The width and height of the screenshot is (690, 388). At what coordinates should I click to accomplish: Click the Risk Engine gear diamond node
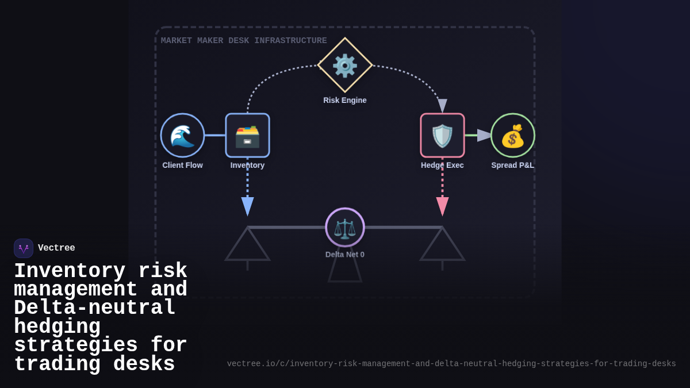(x=345, y=65)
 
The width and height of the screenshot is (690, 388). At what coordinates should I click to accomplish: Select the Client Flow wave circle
(x=182, y=135)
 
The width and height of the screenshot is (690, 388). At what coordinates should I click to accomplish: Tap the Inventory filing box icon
(x=247, y=136)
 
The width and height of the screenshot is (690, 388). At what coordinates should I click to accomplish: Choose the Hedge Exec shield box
(x=442, y=136)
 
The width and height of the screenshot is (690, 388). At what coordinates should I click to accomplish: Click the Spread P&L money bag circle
(x=513, y=136)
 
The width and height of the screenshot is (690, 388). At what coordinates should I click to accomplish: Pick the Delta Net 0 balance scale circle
(x=345, y=228)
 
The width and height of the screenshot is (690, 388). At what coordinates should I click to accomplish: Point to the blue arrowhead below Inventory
(x=247, y=206)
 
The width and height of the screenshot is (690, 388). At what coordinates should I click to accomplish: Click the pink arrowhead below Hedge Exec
(x=442, y=206)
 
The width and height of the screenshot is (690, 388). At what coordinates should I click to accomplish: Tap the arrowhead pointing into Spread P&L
(x=484, y=136)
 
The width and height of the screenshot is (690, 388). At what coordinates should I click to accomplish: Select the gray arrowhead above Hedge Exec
(x=442, y=106)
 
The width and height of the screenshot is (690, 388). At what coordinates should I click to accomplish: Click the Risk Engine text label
(x=345, y=100)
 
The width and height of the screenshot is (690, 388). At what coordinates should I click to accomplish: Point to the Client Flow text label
(x=182, y=165)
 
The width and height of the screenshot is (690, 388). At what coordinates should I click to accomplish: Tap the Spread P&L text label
(x=513, y=165)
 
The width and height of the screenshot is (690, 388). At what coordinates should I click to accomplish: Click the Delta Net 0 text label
(x=345, y=255)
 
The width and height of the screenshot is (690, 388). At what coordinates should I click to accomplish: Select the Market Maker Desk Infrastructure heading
(x=244, y=41)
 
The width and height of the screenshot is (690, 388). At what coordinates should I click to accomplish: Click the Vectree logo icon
(x=24, y=248)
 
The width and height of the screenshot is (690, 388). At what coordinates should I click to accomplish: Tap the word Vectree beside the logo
(x=56, y=248)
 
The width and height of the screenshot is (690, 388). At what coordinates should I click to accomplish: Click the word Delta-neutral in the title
(x=95, y=308)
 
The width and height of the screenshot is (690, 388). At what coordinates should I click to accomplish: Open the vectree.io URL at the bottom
(x=451, y=364)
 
